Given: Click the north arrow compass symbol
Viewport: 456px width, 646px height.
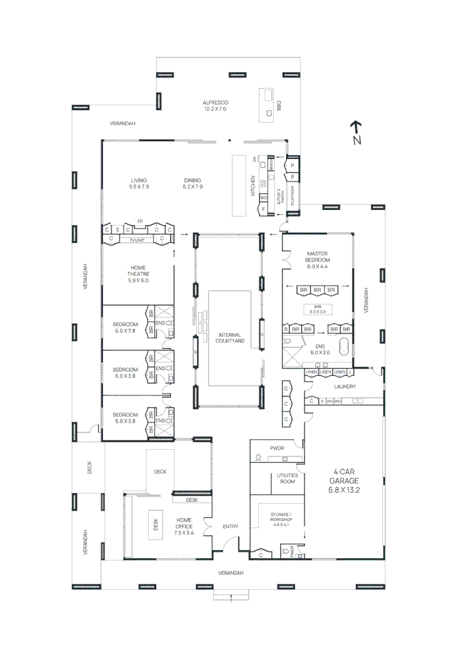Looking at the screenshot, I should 356,132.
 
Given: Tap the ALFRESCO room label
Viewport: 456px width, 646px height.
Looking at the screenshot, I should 216,106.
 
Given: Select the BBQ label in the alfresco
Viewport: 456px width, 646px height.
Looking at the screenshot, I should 279,105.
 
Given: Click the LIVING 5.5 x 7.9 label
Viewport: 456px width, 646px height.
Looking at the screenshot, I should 139,184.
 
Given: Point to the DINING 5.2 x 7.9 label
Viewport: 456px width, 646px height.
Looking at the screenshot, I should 192,184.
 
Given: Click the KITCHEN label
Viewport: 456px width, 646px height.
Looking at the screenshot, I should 253,186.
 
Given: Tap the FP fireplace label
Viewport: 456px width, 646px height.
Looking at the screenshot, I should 140,221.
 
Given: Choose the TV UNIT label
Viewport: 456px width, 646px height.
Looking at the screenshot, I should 137,240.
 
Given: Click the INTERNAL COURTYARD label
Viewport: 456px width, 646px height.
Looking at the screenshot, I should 230,337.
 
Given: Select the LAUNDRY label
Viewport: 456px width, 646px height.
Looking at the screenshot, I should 345,387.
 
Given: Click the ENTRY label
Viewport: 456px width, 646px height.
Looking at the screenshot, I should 230,527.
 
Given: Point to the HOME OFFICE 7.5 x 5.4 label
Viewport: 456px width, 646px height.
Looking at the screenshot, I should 184,527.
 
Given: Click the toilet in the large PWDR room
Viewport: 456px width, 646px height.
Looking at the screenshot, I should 258,458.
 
